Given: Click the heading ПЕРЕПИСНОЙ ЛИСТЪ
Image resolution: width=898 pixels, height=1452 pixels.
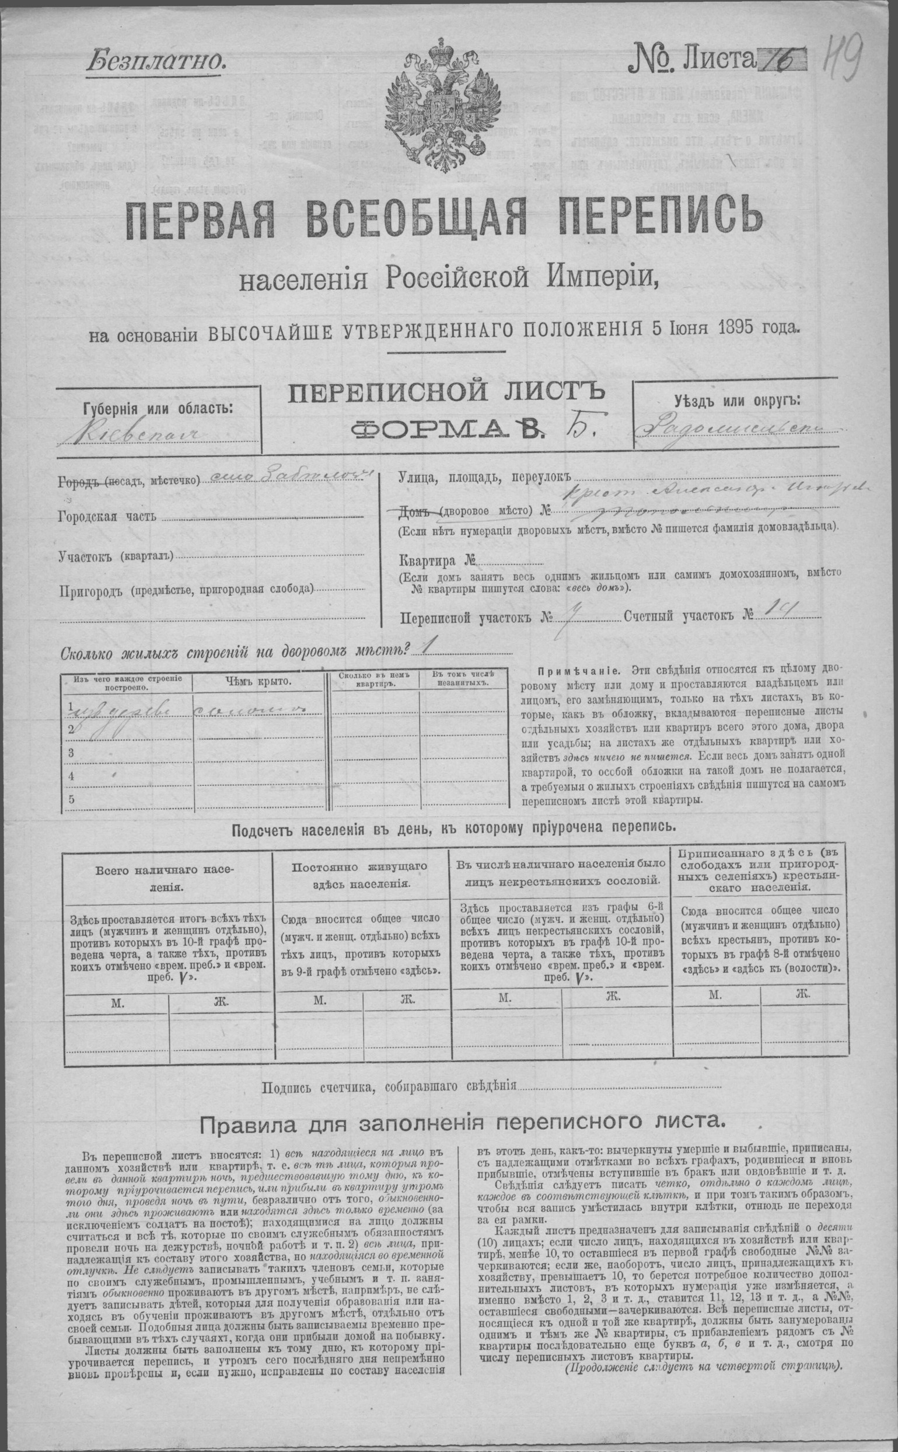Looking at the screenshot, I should (445, 395).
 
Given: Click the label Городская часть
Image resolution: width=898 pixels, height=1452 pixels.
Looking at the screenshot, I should (107, 516).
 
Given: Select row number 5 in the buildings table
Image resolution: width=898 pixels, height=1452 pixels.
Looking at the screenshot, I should (71, 799).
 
